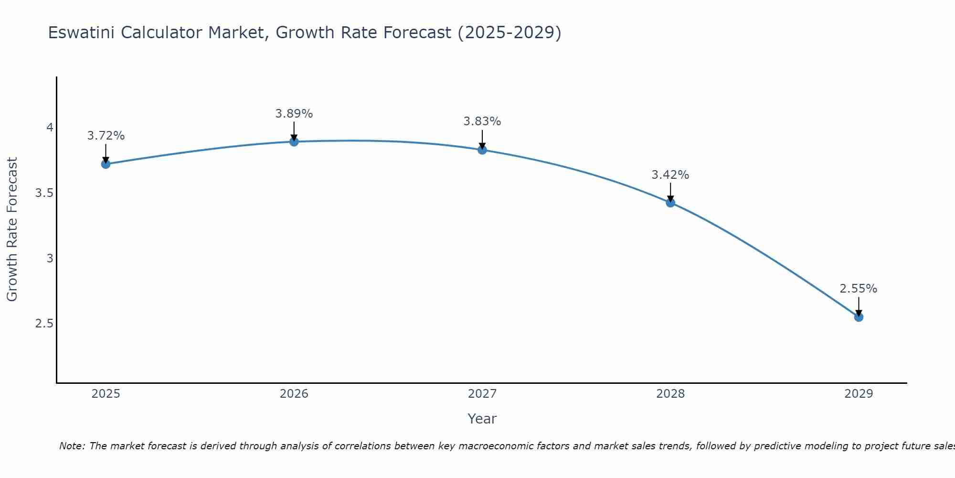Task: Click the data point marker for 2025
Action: [x=106, y=164]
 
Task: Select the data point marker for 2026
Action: [x=294, y=141]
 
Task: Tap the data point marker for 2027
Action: [x=482, y=150]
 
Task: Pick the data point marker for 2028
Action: [x=670, y=203]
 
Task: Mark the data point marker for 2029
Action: [x=859, y=317]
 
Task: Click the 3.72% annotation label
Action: [x=106, y=136]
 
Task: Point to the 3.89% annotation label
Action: [x=294, y=114]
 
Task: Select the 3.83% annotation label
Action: [x=482, y=121]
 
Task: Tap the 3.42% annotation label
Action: [x=670, y=175]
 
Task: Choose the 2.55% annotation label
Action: [x=859, y=289]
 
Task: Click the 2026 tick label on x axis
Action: [x=294, y=394]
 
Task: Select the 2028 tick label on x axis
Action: [x=670, y=394]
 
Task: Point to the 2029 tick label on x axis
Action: [x=859, y=394]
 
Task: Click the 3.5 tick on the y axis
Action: [x=44, y=193]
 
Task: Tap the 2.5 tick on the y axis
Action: [x=44, y=324]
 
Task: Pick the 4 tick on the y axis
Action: [x=50, y=128]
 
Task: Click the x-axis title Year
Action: [x=482, y=419]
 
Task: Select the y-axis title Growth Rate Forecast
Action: [x=12, y=229]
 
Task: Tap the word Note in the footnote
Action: [x=71, y=446]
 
